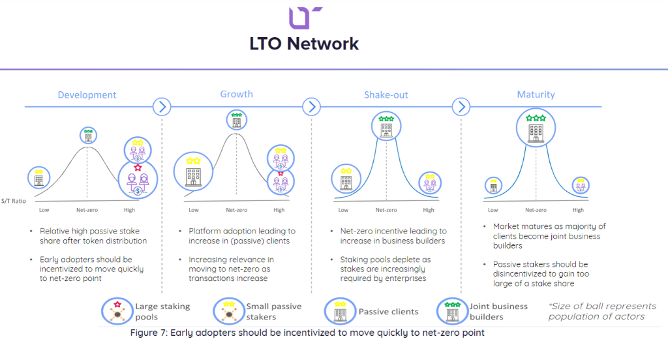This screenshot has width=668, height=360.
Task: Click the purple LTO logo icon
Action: pos(305,17)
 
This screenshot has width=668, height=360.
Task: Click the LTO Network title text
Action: pos(304,44)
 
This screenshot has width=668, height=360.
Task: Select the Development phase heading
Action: pos(87,95)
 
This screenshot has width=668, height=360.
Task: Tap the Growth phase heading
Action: pos(236,94)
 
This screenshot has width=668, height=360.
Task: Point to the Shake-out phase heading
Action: pos(386,95)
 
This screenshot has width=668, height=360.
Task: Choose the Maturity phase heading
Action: pos(536,94)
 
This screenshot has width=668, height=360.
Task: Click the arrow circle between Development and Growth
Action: pos(161,106)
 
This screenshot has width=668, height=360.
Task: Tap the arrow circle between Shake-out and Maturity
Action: pos(461,106)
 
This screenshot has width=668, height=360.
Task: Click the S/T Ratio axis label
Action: pos(14,201)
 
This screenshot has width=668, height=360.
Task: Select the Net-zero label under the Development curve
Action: pos(87,210)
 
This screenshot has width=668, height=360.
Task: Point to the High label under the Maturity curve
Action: pos(578,210)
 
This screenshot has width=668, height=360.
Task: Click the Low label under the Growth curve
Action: pos(194,210)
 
